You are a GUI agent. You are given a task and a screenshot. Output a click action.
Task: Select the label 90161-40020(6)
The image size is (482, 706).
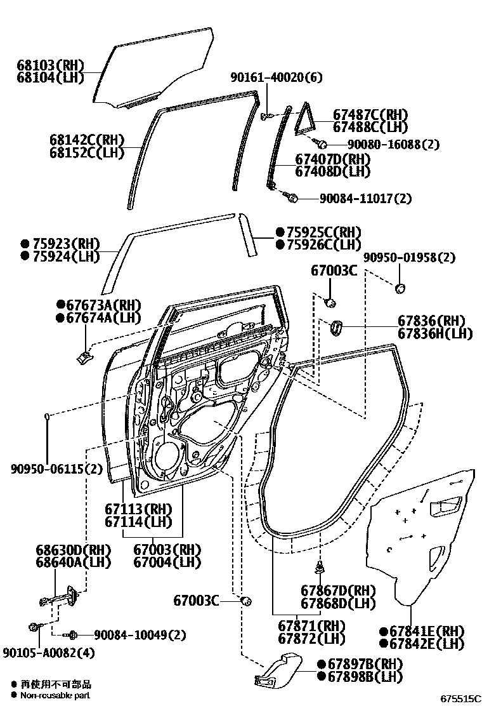(276, 77)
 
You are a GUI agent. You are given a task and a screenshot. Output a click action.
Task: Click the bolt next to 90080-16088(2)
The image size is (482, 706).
(320, 143)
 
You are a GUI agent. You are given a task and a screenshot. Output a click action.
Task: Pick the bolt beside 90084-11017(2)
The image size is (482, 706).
(292, 198)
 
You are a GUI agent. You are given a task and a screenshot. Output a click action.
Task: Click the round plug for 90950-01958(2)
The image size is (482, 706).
(400, 289)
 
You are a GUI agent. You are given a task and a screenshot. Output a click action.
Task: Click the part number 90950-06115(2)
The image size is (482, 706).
(56, 469)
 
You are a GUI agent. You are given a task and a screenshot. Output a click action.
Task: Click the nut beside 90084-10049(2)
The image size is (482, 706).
(73, 634)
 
